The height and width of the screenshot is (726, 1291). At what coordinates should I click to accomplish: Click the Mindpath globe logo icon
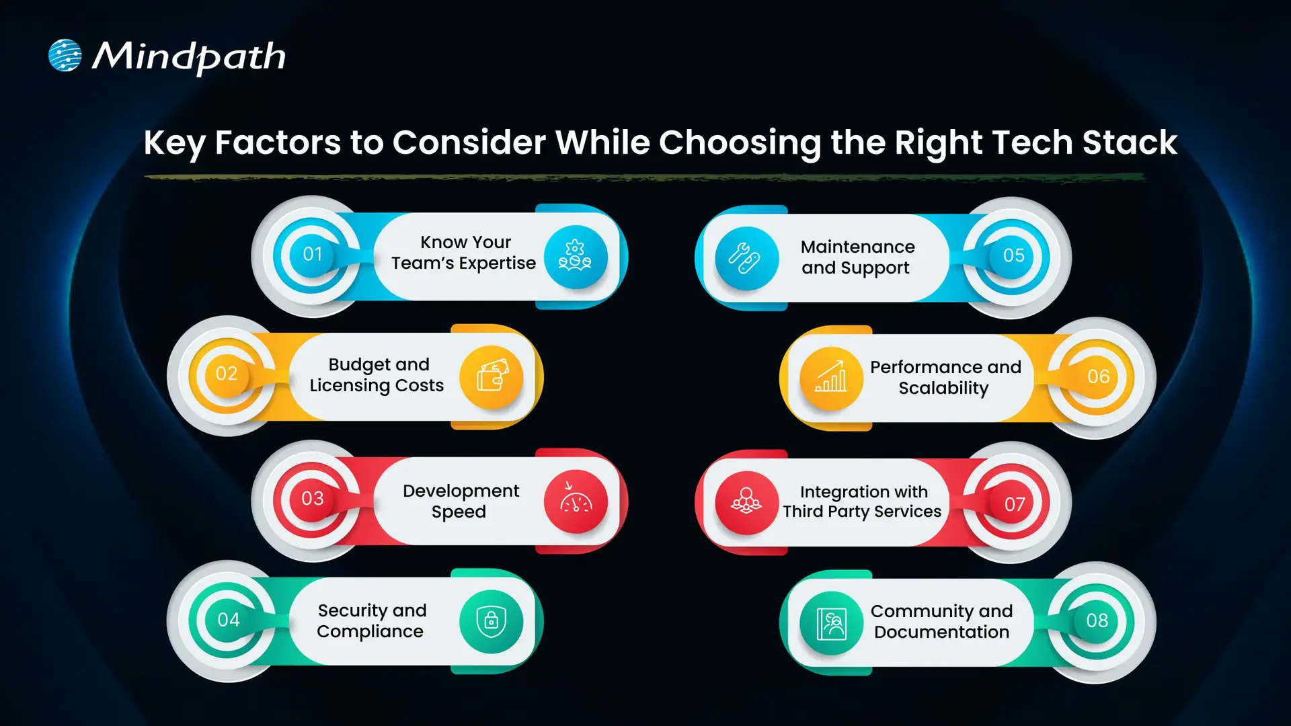click(65, 55)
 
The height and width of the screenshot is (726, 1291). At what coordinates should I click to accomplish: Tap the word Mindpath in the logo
click(189, 57)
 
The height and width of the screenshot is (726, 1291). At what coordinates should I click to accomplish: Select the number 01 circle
click(312, 255)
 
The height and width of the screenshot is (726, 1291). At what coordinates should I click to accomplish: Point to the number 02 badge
click(227, 374)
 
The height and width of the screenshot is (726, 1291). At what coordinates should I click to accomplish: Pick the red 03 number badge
click(312, 499)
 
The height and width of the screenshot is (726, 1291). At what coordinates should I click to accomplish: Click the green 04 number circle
click(228, 620)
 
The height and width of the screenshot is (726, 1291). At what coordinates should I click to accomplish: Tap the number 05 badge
click(1013, 256)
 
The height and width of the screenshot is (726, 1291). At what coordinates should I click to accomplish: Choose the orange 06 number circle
click(1098, 376)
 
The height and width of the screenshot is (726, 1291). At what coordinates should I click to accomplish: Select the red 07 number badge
click(1014, 504)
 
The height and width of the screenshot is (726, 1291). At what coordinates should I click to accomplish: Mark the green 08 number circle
click(1097, 621)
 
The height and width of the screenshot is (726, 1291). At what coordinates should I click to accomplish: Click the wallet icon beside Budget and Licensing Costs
click(492, 377)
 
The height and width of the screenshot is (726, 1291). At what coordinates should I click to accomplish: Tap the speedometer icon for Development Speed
click(576, 501)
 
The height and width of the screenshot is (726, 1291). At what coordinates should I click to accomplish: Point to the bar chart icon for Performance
click(831, 378)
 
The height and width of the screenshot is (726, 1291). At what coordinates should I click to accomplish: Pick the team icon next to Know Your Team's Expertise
click(575, 257)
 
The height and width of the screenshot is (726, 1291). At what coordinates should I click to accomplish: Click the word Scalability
click(943, 389)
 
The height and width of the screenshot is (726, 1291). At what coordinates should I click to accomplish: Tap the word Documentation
click(941, 633)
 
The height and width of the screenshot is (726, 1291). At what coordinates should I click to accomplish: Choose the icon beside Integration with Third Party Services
click(746, 502)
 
